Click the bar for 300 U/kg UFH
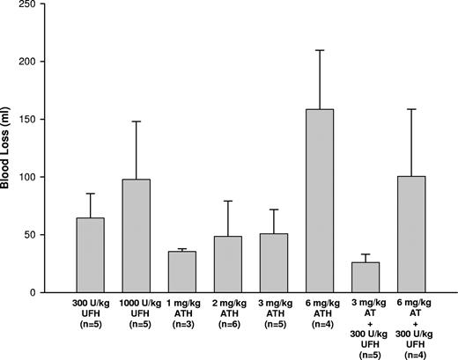(90, 255)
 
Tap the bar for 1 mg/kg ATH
(182, 272)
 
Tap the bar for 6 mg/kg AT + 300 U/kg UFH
(411, 234)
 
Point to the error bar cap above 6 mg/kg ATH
(320, 50)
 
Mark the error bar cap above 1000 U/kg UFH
(137, 121)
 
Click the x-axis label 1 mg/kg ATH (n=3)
(182, 314)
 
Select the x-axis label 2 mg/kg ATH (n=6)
(228, 314)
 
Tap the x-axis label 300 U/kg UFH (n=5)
(90, 314)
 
